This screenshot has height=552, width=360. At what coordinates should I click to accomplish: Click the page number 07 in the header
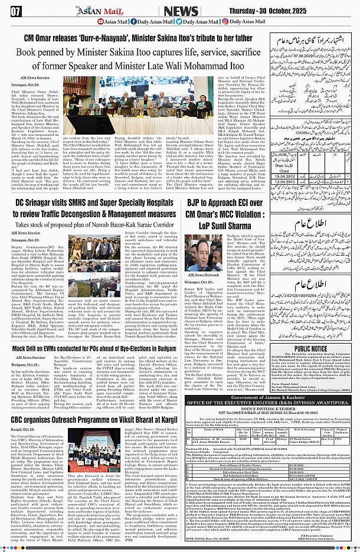[16, 10]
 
